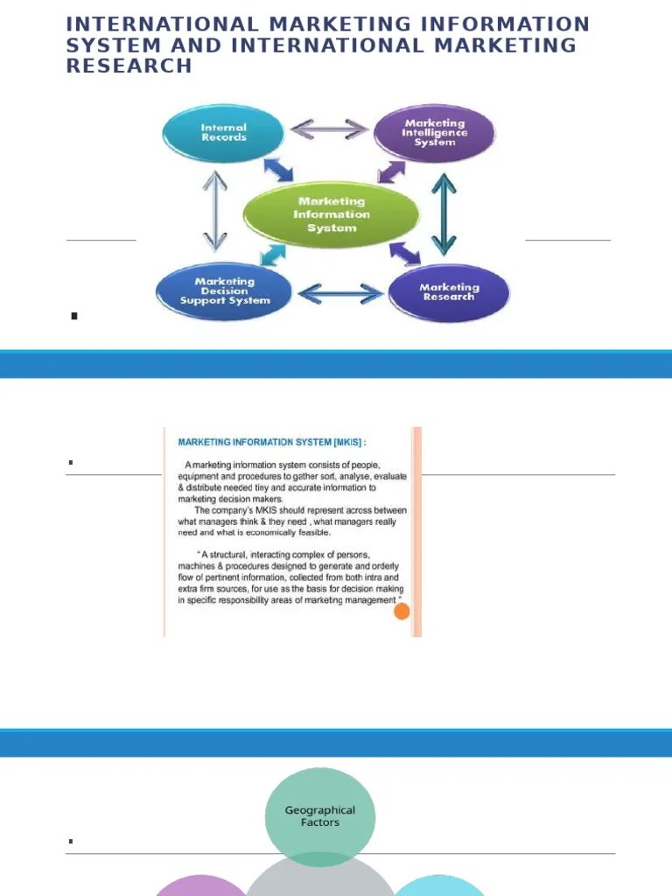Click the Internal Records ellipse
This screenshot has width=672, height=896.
[224, 133]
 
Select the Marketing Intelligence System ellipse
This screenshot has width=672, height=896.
[435, 133]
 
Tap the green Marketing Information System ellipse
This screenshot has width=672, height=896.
[332, 214]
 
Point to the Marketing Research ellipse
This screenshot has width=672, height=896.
[449, 292]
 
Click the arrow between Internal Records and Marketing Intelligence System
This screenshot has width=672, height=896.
[329, 129]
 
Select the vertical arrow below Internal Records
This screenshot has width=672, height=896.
[214, 211]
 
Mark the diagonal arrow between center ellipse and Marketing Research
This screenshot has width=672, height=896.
[404, 253]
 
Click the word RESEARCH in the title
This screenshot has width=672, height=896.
[129, 66]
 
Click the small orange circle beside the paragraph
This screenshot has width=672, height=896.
[402, 612]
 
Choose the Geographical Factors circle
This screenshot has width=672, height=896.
[320, 816]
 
